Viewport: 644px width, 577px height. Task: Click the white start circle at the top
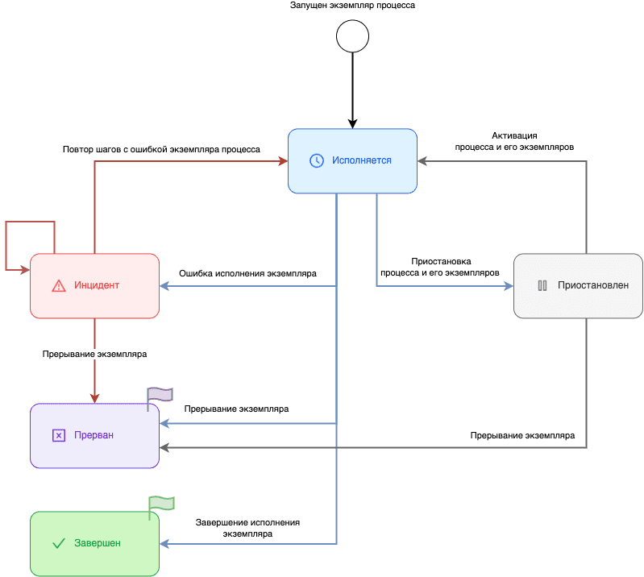point(352,36)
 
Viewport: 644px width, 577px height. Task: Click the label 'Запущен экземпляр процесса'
point(352,6)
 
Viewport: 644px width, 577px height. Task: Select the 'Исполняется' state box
point(353,161)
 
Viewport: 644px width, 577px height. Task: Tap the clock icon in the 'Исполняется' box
point(317,160)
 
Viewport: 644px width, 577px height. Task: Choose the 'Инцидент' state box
point(94,285)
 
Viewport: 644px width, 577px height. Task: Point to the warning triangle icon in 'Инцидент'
point(58,285)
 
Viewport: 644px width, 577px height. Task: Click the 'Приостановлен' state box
point(578,285)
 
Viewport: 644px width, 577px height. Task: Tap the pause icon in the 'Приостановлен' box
point(542,285)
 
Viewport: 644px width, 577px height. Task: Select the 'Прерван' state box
point(94,435)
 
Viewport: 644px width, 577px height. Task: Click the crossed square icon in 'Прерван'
point(58,435)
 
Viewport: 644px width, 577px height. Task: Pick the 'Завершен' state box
point(94,543)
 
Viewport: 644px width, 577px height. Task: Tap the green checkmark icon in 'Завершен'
point(58,543)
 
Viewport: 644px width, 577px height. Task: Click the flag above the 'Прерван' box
point(160,395)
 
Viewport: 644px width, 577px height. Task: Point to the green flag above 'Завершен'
point(161,504)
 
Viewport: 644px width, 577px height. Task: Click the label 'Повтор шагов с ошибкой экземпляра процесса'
point(161,149)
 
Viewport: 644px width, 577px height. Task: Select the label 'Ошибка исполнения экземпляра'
point(247,274)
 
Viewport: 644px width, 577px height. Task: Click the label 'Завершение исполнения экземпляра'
point(247,528)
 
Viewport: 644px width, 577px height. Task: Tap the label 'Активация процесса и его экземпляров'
point(514,142)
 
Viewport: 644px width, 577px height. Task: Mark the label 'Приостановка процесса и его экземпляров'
point(441,267)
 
